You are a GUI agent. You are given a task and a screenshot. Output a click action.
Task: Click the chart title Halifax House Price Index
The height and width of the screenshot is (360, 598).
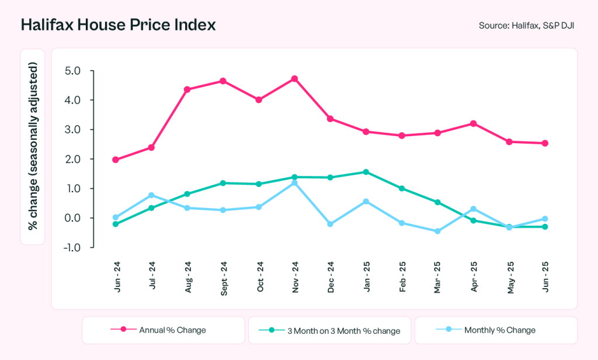point(118,25)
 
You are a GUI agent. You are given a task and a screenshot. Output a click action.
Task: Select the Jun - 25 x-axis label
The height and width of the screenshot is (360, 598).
point(544,278)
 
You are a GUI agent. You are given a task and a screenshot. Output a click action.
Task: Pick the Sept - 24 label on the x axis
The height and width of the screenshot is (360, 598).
point(223,279)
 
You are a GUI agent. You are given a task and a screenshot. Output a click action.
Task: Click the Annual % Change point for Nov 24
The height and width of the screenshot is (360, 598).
point(294,78)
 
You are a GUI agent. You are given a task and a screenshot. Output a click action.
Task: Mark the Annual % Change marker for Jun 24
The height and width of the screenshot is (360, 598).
point(116,160)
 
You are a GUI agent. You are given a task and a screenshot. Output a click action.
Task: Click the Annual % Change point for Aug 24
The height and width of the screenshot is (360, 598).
point(187,89)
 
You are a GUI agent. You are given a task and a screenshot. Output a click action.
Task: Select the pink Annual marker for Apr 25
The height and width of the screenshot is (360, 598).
point(473,123)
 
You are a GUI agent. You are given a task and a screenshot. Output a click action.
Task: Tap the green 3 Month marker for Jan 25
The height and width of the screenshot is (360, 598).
point(366,172)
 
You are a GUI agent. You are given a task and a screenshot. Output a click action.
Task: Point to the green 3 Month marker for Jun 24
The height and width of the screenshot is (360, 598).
point(116,224)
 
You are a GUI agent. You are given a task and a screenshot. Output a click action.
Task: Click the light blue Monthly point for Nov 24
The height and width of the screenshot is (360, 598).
point(294,183)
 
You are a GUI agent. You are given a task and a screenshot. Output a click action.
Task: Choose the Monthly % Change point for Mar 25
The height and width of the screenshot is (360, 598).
point(437,231)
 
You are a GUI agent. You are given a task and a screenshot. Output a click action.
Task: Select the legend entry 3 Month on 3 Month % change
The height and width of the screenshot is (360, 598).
point(330,331)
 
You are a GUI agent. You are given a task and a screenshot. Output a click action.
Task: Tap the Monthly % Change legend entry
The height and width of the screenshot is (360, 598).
point(495,330)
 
